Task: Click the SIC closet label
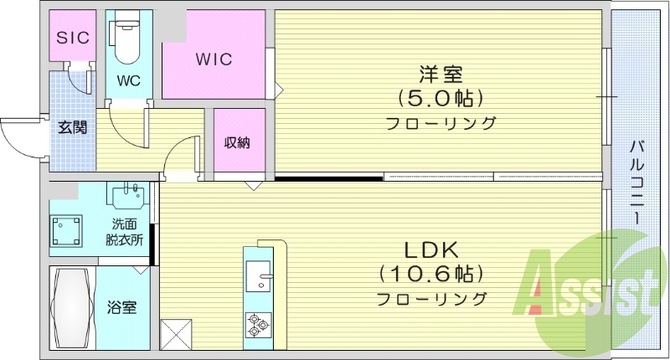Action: click(72, 38)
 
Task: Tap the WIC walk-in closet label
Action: click(214, 60)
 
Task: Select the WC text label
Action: click(128, 81)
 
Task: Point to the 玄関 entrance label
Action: click(71, 128)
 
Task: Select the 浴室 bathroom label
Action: click(122, 307)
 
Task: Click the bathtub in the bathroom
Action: click(72, 308)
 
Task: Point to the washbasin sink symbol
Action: click(127, 198)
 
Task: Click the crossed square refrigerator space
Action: click(177, 334)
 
